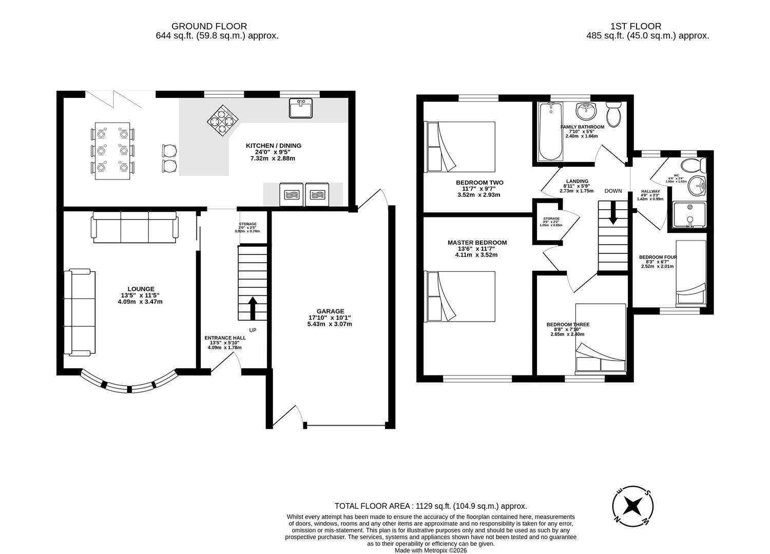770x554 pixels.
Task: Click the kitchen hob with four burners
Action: point(223,121)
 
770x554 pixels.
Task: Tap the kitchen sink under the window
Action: point(300,109)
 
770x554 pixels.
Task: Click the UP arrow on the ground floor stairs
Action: point(253,307)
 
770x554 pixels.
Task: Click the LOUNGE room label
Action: point(141,289)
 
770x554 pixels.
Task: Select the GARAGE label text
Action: point(330,311)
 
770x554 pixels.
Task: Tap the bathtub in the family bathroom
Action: point(550,132)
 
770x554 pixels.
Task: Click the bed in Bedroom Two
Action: point(460,147)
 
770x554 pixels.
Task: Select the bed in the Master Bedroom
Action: point(460,296)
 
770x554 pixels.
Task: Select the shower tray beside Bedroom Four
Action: point(690,214)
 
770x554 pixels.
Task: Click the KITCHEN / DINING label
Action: point(273,146)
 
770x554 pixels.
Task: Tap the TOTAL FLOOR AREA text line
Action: point(430,506)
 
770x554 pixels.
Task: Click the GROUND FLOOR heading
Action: point(209,26)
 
